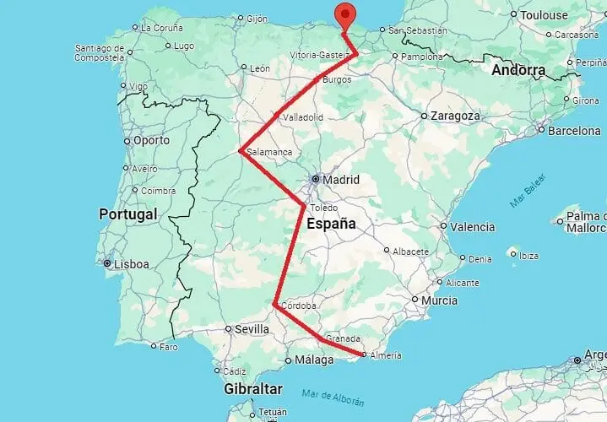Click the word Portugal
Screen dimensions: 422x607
(128, 214)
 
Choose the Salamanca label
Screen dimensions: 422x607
(269, 152)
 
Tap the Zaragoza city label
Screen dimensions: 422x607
(455, 116)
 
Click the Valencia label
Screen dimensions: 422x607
(472, 227)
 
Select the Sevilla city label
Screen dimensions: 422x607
(252, 329)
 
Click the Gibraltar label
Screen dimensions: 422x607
(252, 390)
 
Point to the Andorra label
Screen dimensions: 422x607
(518, 70)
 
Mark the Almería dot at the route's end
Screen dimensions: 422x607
(363, 354)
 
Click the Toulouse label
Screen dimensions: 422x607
(544, 15)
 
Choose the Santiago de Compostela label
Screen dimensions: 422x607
(100, 52)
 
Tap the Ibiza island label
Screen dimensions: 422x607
(529, 255)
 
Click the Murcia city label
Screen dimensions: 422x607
(440, 300)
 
